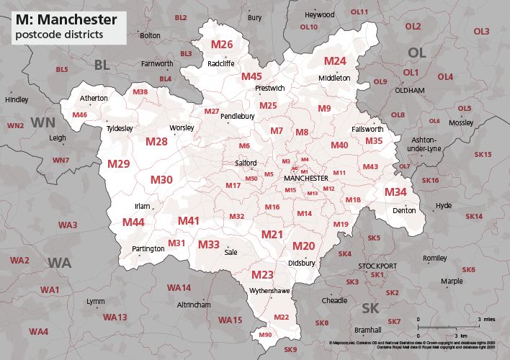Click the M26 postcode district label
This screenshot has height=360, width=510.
pos(221,45)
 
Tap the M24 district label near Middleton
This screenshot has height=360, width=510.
pos(335,60)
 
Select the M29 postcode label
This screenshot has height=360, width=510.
pos(119,164)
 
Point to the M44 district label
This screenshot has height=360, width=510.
pos(133,222)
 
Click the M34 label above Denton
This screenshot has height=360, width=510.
pos(395,192)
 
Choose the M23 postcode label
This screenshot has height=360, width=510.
pos(262,274)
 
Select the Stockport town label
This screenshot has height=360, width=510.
pos(377,266)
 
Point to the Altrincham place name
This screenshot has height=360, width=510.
pos(194,305)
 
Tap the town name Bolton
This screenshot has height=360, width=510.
pos(150,55)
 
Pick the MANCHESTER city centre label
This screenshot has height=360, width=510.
pos(305,178)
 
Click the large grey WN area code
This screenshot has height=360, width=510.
pos(44,122)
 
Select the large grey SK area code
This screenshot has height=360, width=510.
pos(370,308)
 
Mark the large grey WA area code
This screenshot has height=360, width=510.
pos(60,263)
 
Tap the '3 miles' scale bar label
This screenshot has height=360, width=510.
pos(484,318)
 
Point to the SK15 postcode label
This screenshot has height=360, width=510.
pos(482,154)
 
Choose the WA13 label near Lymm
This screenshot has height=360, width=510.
pos(115,317)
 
